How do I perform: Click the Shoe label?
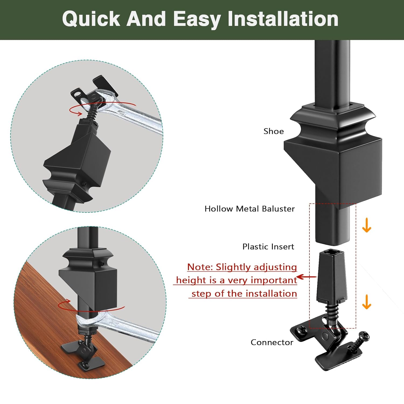273,131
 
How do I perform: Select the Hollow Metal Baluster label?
249,209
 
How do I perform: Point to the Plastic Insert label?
268,247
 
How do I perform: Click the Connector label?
272,342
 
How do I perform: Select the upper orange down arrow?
367,225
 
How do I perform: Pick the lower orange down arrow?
367,302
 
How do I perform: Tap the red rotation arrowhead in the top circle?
80,113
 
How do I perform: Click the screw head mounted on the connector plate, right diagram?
302,330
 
